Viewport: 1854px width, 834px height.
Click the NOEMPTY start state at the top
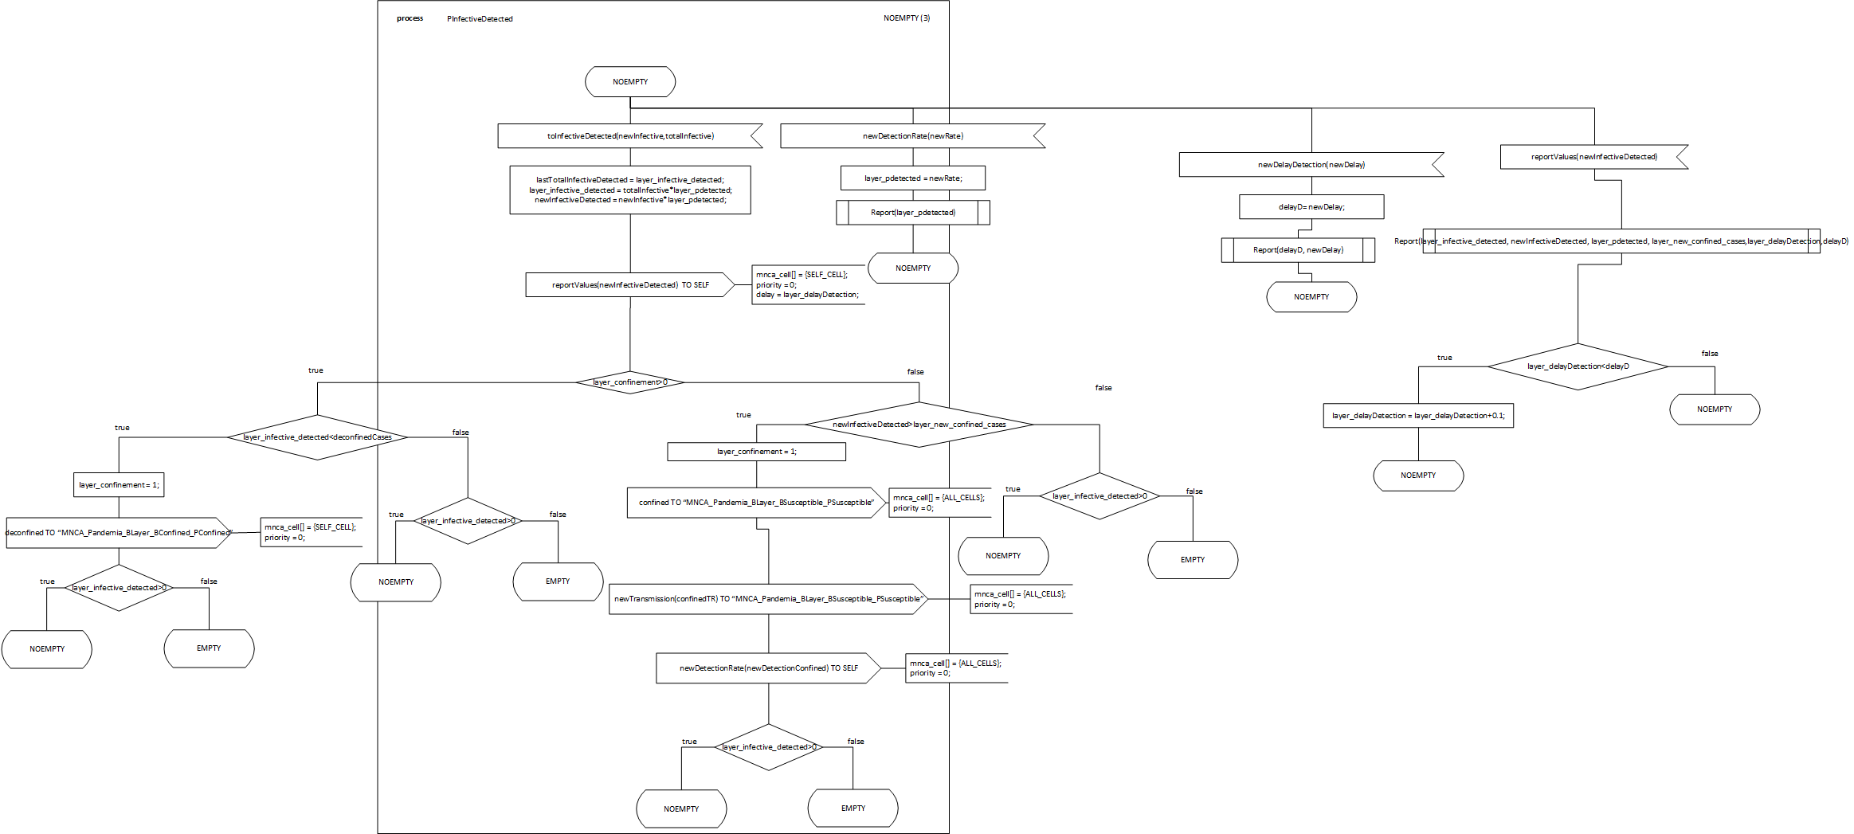point(630,82)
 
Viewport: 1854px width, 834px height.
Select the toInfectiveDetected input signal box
point(629,136)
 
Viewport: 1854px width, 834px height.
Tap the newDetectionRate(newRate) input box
point(912,136)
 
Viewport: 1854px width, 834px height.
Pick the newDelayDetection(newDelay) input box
point(1311,165)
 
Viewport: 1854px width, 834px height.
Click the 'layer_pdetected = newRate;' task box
point(913,178)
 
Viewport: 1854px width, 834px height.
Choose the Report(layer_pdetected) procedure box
point(913,213)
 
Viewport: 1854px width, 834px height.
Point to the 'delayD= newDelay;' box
point(1311,207)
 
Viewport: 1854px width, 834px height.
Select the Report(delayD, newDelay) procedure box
point(1298,250)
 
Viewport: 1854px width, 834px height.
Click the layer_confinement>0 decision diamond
point(629,382)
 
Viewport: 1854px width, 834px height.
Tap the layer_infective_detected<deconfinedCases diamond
point(317,437)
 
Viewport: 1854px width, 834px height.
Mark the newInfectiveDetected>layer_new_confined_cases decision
point(919,425)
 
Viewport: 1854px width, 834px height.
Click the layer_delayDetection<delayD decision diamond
point(1578,366)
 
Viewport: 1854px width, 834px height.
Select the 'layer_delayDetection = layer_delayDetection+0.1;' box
point(1418,416)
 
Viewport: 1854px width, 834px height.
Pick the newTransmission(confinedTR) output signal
point(768,599)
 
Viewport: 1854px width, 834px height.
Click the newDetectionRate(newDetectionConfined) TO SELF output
point(768,668)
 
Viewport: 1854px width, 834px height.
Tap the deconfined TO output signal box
point(118,533)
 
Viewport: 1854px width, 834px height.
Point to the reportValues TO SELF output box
point(629,285)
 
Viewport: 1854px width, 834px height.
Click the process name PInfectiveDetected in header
point(480,19)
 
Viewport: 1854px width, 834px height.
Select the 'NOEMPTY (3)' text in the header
point(906,18)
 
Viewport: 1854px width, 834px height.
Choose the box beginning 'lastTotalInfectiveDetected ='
point(630,190)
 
